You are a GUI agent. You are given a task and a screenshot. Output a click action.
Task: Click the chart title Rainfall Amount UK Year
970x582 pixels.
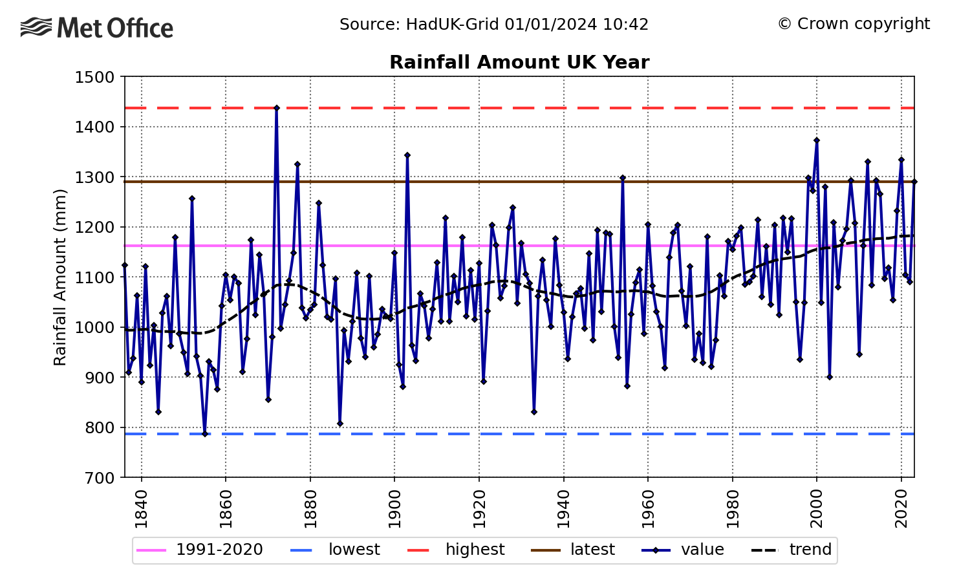[519, 63]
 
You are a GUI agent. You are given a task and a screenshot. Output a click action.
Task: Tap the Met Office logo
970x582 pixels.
[97, 28]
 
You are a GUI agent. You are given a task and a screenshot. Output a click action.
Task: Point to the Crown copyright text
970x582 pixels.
[854, 24]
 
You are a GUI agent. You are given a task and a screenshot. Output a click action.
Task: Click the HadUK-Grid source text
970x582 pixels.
[494, 25]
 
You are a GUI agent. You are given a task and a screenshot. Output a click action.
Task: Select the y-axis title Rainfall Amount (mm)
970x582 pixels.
[60, 277]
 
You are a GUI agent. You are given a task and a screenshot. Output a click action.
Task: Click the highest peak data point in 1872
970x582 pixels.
[277, 108]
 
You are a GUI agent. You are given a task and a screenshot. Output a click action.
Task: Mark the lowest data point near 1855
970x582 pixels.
[205, 434]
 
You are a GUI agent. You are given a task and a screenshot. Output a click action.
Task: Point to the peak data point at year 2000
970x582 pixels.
[817, 140]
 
